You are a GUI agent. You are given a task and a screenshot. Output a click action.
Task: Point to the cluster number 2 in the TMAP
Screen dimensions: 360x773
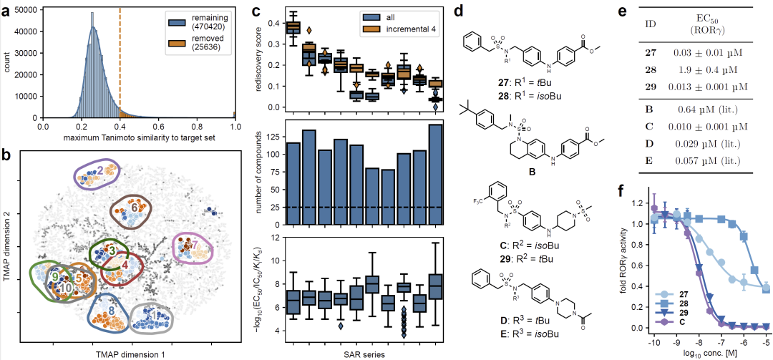[x=101, y=170]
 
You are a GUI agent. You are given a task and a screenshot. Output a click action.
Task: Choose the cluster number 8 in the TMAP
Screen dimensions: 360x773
[x=111, y=311]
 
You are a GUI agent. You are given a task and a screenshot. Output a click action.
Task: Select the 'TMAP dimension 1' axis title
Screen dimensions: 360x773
[x=125, y=354]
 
